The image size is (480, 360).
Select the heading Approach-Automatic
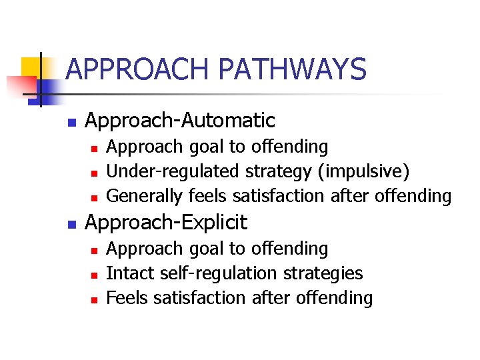[x=180, y=121]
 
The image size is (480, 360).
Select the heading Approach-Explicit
[x=166, y=222]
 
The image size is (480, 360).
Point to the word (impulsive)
[x=364, y=171]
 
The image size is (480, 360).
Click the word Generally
[x=145, y=197]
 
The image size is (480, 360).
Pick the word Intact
[x=127, y=273]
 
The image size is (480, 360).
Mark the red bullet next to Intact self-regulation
[x=94, y=275]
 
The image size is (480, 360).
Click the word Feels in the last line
[x=127, y=298]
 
